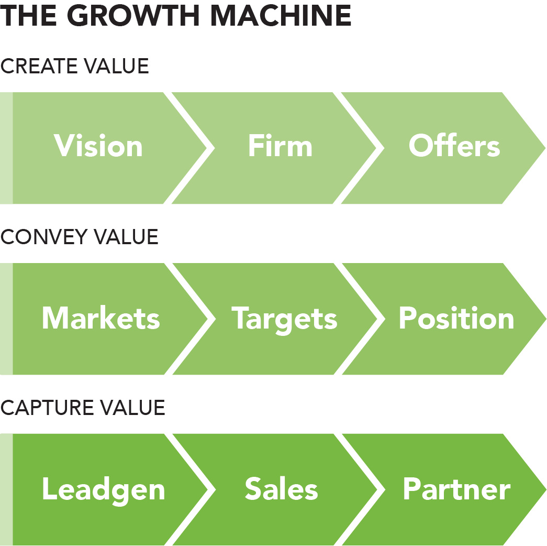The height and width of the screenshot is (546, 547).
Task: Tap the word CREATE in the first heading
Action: coord(38,67)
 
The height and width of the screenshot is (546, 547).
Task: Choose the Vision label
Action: coord(98,146)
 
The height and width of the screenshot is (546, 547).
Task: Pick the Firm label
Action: coord(280,146)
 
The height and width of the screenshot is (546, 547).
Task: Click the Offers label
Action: coord(454,146)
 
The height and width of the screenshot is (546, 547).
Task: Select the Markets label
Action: coord(101,318)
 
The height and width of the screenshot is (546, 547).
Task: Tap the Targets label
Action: coord(284,318)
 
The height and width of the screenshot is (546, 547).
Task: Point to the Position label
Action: coord(456,318)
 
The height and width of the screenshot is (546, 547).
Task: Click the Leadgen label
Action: coord(104,489)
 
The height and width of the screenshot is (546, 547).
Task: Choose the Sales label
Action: coord(281,489)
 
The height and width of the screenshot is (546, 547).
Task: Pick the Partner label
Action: coord(456,489)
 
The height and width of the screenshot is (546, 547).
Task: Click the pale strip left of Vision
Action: coord(6,148)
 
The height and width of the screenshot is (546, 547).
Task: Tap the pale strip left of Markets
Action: coord(6,319)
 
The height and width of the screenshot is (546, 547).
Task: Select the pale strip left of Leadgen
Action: coord(6,489)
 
